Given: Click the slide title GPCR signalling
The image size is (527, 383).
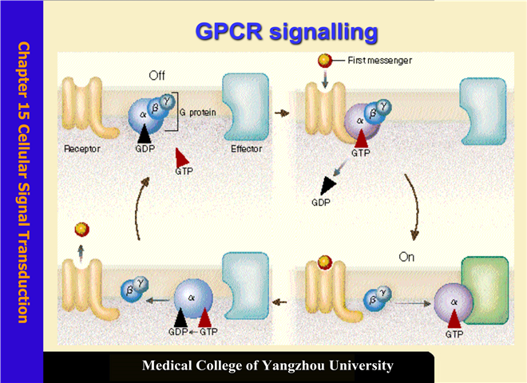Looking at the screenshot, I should (x=286, y=32).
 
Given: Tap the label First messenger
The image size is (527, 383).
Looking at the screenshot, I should (x=380, y=60).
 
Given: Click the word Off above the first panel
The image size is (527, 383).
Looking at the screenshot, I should (x=157, y=76).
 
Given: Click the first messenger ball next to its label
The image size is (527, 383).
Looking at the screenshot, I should (x=325, y=61).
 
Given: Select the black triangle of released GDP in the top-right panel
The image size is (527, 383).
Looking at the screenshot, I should (x=327, y=185).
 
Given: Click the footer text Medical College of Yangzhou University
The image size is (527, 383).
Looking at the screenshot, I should (x=267, y=366).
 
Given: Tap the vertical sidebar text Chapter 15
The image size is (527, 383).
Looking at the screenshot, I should (x=24, y=80).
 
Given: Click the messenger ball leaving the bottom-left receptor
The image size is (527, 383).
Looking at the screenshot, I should (x=80, y=230).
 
